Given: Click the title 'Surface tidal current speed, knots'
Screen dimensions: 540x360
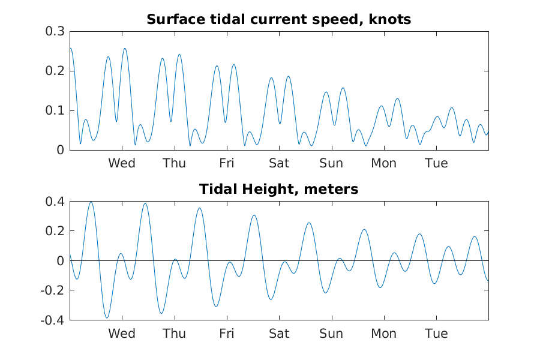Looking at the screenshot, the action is tap(278, 20).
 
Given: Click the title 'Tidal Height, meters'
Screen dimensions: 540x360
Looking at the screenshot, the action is tap(278, 189).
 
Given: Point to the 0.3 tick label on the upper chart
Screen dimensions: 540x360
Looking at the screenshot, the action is tap(55, 31).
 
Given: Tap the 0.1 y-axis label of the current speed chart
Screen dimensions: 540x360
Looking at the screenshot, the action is tap(55, 110).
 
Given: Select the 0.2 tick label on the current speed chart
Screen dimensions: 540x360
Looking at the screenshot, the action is tap(55, 71).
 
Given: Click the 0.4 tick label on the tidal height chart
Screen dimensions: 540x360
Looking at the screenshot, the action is tap(55, 202).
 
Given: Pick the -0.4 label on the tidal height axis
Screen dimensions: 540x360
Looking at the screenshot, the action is tap(53, 320).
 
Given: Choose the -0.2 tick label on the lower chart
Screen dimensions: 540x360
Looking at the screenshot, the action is tap(53, 290).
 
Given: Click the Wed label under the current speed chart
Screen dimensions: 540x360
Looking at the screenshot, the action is tap(122, 163).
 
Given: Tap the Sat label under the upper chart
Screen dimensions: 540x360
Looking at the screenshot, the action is tap(279, 163).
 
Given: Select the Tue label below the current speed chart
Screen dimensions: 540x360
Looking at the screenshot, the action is tap(436, 163).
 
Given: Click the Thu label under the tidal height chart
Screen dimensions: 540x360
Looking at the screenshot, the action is tap(174, 334).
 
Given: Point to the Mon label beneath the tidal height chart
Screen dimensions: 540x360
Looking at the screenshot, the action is tap(384, 334).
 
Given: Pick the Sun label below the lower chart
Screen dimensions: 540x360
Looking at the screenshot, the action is tap(331, 334).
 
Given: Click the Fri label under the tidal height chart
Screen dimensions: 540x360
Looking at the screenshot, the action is tap(227, 334).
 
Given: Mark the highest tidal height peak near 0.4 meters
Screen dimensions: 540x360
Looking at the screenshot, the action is tap(91, 202).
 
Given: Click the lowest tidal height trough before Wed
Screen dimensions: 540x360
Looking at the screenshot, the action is tap(107, 317).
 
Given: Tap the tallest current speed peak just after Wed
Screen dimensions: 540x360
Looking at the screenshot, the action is tap(125, 48).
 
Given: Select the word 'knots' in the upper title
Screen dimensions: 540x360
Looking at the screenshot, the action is tap(390, 20).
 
